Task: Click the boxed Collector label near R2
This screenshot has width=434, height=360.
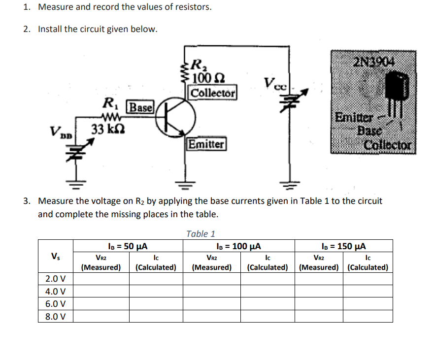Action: pos(213,93)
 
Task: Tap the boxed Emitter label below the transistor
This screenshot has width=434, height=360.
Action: pos(206,144)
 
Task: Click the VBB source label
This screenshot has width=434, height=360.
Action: pos(61,132)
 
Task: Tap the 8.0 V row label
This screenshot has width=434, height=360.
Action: pos(56,316)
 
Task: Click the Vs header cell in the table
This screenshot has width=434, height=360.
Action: pos(56,257)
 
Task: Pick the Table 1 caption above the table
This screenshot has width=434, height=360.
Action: pos(201,234)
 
